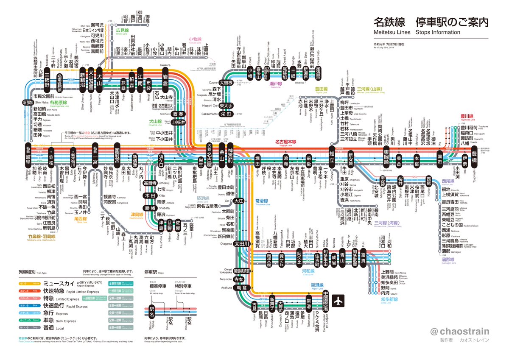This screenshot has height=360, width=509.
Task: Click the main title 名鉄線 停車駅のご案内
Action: click(431, 22)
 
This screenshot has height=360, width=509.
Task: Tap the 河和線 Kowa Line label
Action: click(308, 271)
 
